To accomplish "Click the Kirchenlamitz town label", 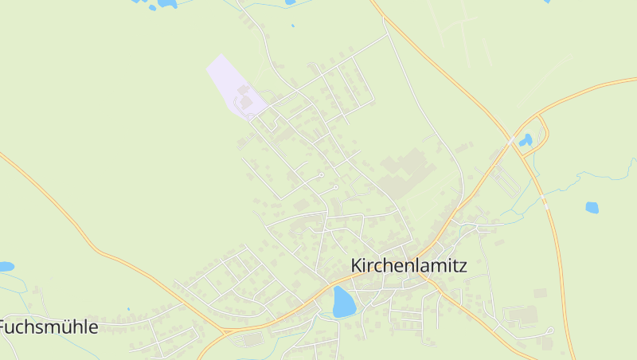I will tap(408, 265).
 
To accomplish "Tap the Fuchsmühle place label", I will tap(49, 327).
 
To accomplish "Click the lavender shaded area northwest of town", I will tap(231, 84).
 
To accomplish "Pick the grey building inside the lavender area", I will tap(246, 103).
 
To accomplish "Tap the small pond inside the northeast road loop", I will tap(526, 141).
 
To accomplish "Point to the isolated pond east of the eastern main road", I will tap(592, 208).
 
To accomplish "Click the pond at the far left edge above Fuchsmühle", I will tap(6, 267).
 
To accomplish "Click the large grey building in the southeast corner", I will tap(522, 315).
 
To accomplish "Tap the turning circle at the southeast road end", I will tap(550, 330).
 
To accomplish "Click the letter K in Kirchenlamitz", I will tap(357, 265).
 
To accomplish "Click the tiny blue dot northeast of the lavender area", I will tap(293, 26).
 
